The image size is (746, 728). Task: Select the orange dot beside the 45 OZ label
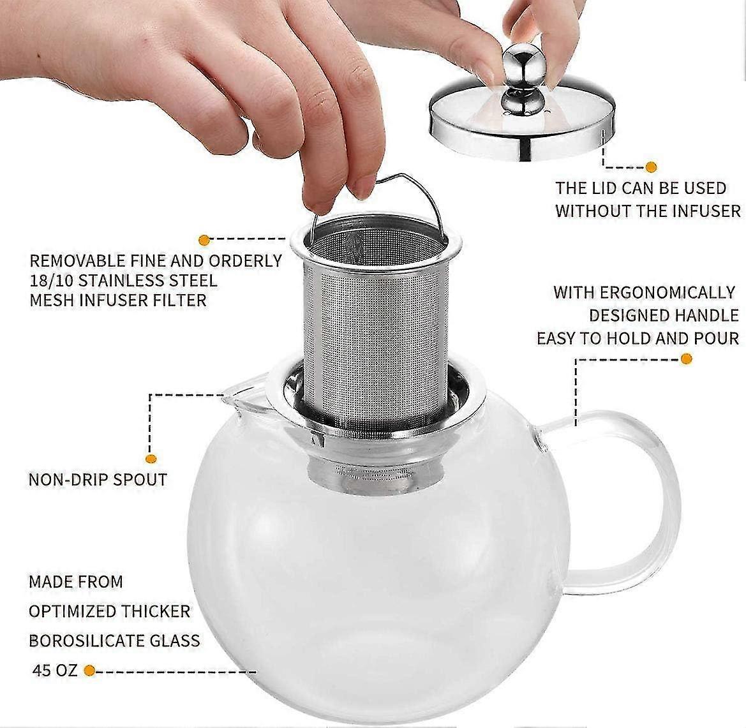click(x=90, y=671)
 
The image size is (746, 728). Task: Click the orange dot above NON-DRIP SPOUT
click(x=151, y=458)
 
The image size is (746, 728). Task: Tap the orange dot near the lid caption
click(x=650, y=167)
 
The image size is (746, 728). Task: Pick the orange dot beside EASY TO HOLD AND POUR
click(x=687, y=359)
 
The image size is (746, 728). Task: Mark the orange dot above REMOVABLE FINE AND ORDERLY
click(x=204, y=240)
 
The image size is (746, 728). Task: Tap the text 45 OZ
click(x=54, y=671)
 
